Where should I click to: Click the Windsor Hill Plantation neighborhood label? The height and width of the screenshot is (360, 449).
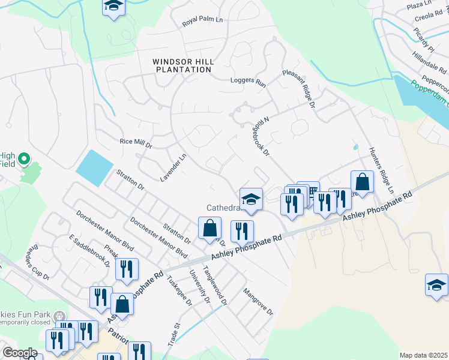point(182,65)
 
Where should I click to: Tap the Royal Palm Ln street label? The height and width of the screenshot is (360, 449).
point(202,22)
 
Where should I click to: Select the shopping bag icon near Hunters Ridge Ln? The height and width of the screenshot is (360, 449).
point(363,182)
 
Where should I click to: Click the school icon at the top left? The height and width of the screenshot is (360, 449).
point(112,7)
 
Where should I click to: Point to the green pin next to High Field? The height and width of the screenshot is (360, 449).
point(24,160)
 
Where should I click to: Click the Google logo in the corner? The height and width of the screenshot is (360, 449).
point(19,353)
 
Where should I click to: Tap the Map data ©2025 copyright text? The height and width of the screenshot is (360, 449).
point(423,355)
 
